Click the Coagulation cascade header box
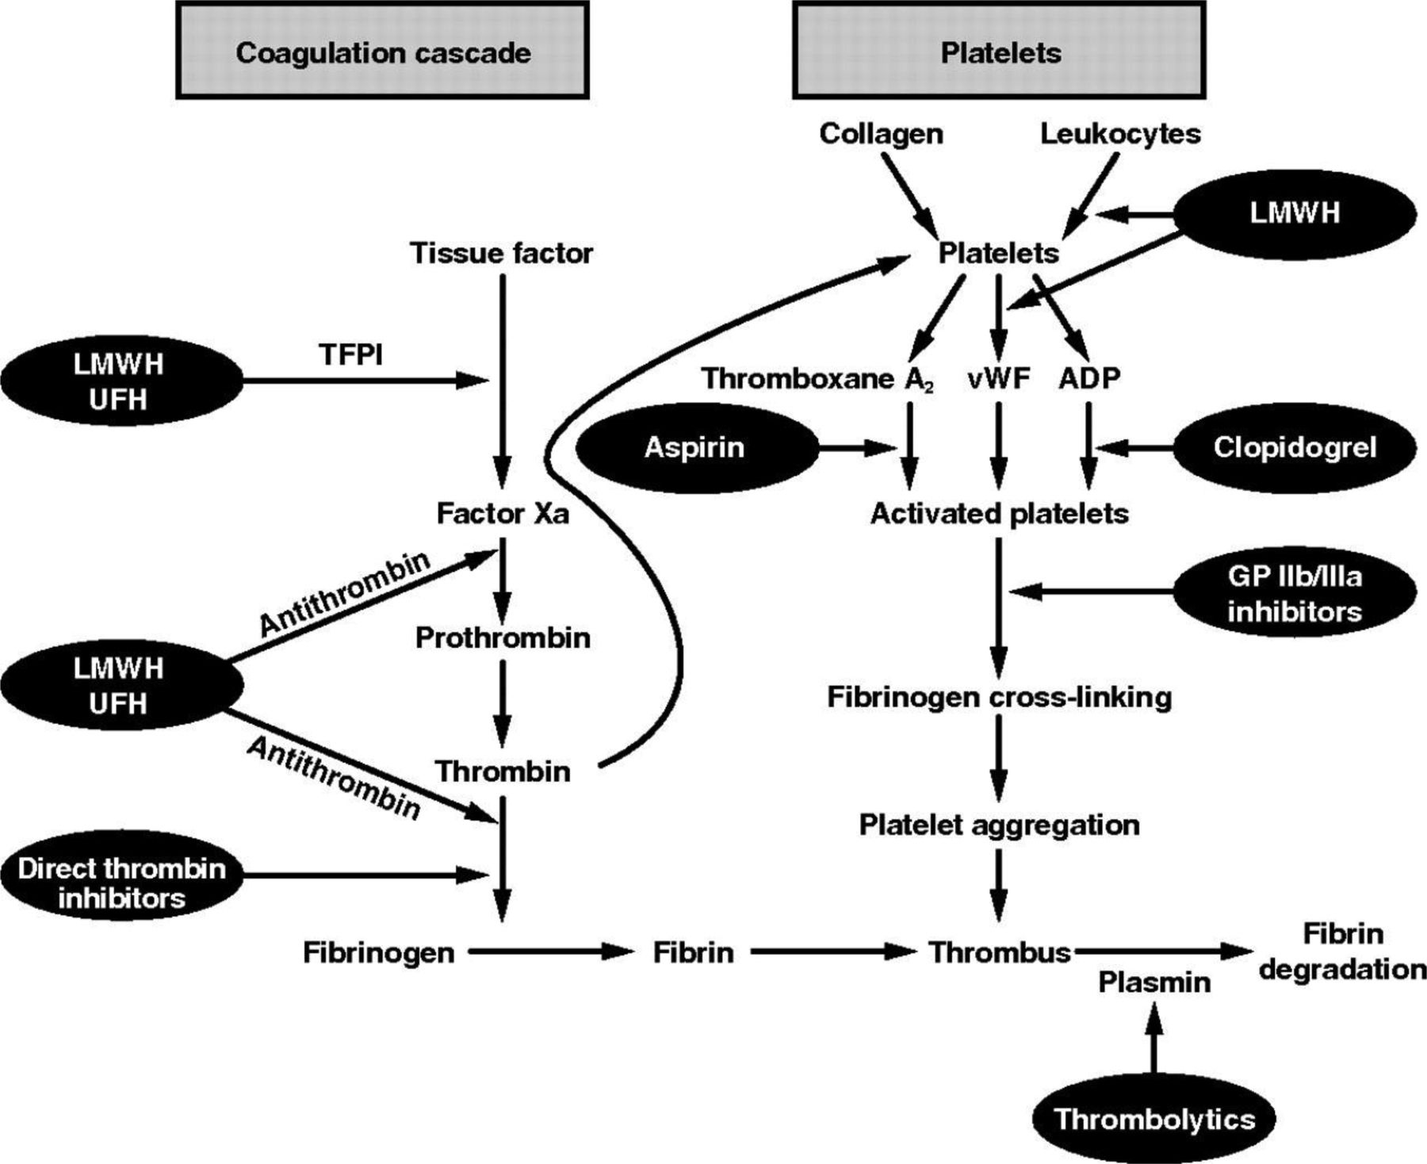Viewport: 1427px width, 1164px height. [382, 52]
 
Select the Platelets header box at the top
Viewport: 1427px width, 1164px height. [1000, 52]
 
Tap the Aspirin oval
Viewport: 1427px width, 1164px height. [695, 448]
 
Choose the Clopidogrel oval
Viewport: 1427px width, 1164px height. [1294, 448]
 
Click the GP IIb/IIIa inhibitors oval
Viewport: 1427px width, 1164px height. [1294, 593]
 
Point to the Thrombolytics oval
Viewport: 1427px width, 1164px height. [1154, 1119]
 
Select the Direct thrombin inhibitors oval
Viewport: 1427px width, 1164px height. [121, 883]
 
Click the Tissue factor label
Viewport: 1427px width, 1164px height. [501, 253]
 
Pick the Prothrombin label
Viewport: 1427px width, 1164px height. [503, 638]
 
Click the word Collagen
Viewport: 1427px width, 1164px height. [881, 133]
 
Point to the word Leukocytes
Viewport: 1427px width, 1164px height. [1120, 133]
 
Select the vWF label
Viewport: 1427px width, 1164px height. [999, 379]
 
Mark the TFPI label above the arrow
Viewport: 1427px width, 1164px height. [351, 354]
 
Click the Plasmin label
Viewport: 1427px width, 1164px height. [1154, 982]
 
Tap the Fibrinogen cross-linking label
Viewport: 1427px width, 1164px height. [999, 697]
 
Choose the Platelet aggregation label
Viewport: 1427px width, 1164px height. [999, 825]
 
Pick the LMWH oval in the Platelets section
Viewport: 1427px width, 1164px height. [1294, 213]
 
